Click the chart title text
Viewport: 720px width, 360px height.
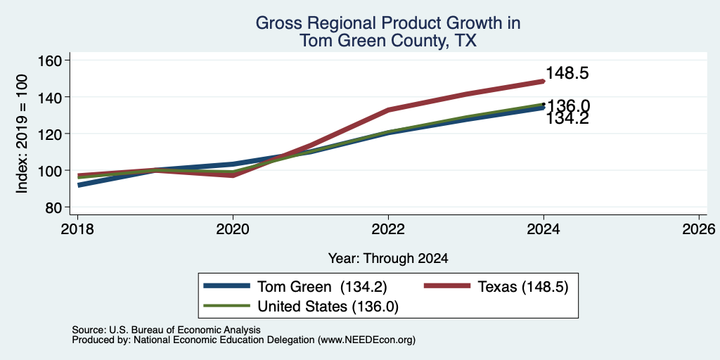(x=388, y=32)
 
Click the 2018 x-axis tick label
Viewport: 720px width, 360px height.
(x=77, y=229)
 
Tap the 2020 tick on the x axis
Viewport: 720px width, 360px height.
(x=233, y=229)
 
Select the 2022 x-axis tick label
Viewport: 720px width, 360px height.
(x=388, y=229)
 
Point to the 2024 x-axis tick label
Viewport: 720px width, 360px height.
(x=544, y=229)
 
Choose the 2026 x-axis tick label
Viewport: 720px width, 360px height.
(x=699, y=229)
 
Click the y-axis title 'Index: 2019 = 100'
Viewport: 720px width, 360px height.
(x=22, y=134)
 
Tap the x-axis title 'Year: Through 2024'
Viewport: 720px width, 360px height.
(x=388, y=259)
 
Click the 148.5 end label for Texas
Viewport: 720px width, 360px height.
(x=567, y=73)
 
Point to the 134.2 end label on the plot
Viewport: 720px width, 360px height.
(x=567, y=119)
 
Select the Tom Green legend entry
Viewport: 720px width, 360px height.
(x=295, y=287)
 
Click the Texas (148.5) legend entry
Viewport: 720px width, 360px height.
(x=496, y=287)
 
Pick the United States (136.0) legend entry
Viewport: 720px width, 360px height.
(x=301, y=307)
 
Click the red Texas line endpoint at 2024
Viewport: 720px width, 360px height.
(x=544, y=82)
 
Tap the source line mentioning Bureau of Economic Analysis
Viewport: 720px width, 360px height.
(x=166, y=330)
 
